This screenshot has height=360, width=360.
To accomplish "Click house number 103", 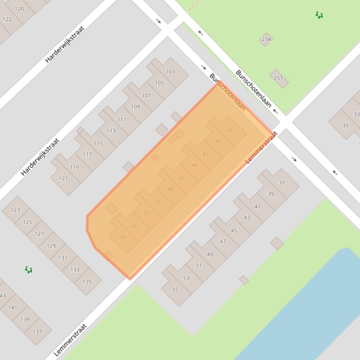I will [x=170, y=72].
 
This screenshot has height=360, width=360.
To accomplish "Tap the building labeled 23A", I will [x=266, y=39].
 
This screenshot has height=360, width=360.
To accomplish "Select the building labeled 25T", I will [x=279, y=78].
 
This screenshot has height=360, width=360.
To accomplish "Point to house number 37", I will [x=282, y=182].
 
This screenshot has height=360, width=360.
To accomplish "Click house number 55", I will [x=175, y=289].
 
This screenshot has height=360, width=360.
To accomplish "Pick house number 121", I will [x=63, y=178].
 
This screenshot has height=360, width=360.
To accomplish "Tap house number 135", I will [x=87, y=281].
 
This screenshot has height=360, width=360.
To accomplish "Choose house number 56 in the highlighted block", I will [x=123, y=237].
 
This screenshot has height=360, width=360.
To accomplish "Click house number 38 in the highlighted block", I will [x=229, y=130].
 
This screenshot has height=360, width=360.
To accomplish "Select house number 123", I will [x=15, y=209].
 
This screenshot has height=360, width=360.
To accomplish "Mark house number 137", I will [x=37, y=331].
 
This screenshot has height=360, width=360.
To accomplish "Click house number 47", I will [x=223, y=241].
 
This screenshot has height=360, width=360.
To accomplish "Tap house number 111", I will [x=122, y=119].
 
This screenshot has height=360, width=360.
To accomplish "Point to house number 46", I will [x=182, y=178].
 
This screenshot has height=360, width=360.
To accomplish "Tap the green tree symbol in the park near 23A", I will [x=319, y=15].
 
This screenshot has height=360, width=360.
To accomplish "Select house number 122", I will [x=7, y=19].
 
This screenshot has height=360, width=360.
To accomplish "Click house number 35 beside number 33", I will [x=345, y=125].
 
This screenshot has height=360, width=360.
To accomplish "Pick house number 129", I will [x=51, y=245].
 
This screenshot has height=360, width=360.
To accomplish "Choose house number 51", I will [x=198, y=265].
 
